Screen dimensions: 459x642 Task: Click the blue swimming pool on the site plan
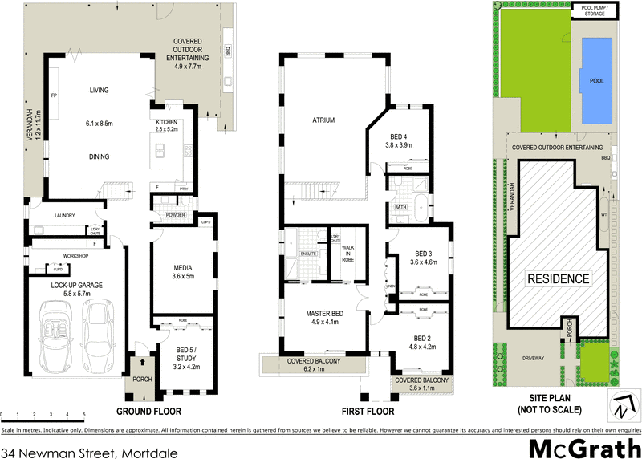click(595, 80)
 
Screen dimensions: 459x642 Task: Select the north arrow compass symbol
click(619, 405)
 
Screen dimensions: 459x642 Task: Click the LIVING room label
click(99, 91)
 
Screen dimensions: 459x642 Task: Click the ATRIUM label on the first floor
click(323, 120)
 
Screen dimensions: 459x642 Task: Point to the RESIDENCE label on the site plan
click(558, 279)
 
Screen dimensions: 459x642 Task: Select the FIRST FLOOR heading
click(368, 412)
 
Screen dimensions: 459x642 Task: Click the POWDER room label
click(175, 215)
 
